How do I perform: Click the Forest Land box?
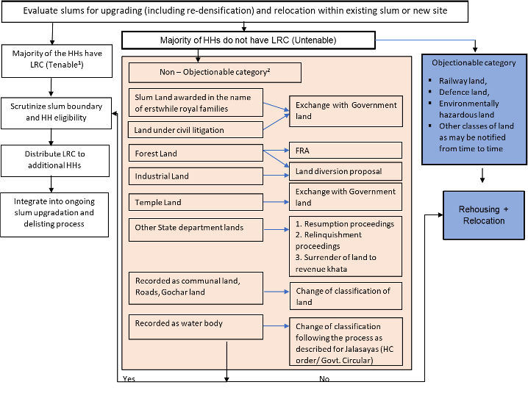(196, 154)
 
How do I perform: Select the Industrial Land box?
(196, 176)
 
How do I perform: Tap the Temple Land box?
(196, 202)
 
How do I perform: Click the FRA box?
(345, 150)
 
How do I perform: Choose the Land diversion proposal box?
(345, 171)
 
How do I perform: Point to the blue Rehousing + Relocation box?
(483, 215)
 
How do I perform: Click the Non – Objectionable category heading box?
(215, 73)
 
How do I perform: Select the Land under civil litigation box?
(196, 130)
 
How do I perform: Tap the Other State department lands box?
(196, 228)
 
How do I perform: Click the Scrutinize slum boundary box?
(57, 112)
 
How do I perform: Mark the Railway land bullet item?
(463, 80)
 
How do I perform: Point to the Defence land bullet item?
(463, 92)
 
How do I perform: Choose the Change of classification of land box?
(345, 296)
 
